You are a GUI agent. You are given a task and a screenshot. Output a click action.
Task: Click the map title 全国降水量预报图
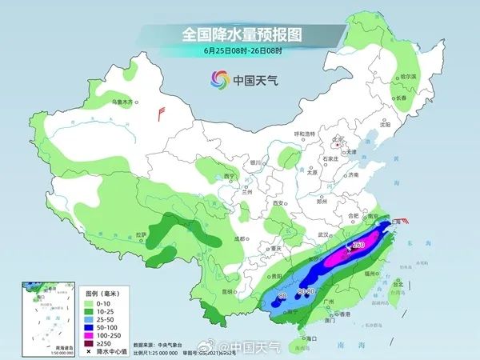(239, 35)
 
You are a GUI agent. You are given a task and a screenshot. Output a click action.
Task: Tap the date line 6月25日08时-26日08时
(239, 52)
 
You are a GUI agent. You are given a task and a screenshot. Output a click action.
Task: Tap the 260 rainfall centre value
(359, 245)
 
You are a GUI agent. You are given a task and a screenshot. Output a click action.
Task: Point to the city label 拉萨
(141, 234)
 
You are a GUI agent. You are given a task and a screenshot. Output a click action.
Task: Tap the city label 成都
(238, 238)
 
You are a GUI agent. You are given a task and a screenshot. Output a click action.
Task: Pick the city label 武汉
(323, 234)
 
